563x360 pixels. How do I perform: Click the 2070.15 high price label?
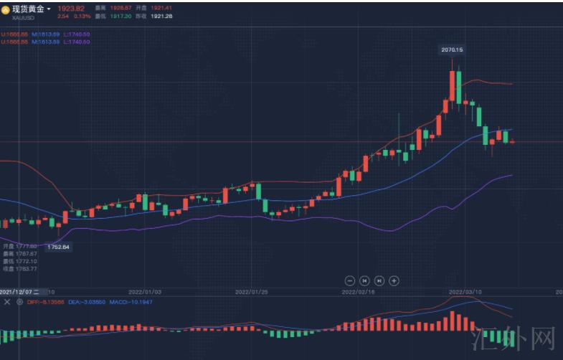[x=452, y=49]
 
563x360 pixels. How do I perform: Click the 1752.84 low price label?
[x=59, y=247]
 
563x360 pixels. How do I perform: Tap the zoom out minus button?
[x=349, y=280]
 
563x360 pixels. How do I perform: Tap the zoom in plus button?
[x=394, y=280]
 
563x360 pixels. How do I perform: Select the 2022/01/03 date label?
[x=145, y=293]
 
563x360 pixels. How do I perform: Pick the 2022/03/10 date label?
[x=465, y=293]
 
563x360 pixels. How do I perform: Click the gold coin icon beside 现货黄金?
[x=5, y=9]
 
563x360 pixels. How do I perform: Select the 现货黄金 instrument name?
[x=28, y=9]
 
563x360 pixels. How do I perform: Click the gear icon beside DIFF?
[x=19, y=302]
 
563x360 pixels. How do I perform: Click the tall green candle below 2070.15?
[x=458, y=87]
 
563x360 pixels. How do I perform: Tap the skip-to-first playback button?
[x=364, y=280]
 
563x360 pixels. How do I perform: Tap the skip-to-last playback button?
[x=379, y=280]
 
